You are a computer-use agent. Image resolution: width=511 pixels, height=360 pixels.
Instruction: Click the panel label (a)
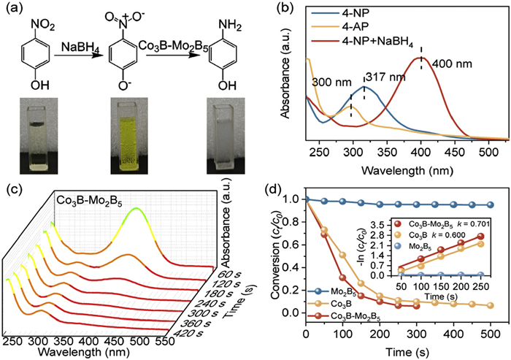[x=12, y=9]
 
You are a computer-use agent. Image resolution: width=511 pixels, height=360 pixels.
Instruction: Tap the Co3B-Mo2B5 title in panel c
[x=91, y=199]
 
